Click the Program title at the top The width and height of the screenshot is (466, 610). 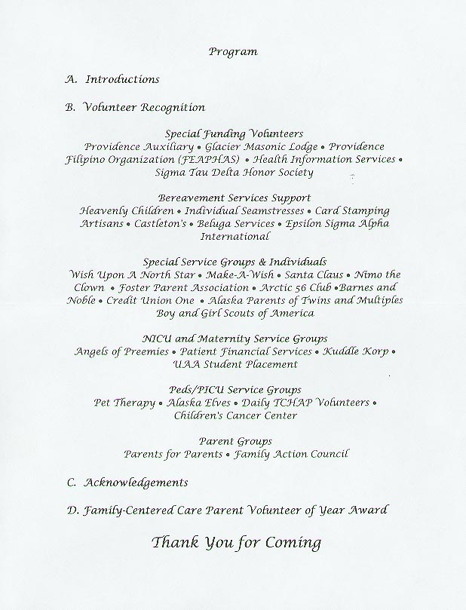click(233, 52)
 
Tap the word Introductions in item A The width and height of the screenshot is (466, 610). click(122, 79)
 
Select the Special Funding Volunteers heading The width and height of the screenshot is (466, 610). click(233, 133)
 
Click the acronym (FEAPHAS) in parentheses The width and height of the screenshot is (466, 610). click(209, 160)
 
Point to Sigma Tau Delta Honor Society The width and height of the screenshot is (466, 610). click(234, 173)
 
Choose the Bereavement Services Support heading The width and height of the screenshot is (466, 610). click(234, 198)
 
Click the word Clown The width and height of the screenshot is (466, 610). click(90, 287)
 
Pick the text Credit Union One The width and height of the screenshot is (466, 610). click(150, 300)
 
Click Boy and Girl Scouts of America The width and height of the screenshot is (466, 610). click(234, 313)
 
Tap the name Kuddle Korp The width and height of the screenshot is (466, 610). click(355, 351)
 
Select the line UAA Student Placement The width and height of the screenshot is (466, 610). click(235, 364)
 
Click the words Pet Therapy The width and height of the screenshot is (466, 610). click(124, 403)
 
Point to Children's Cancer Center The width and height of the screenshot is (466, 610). click(234, 415)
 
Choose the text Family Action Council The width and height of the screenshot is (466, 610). click(291, 454)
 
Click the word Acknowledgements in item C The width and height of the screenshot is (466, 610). click(136, 482)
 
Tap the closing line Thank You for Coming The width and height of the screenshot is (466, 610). click(236, 542)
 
